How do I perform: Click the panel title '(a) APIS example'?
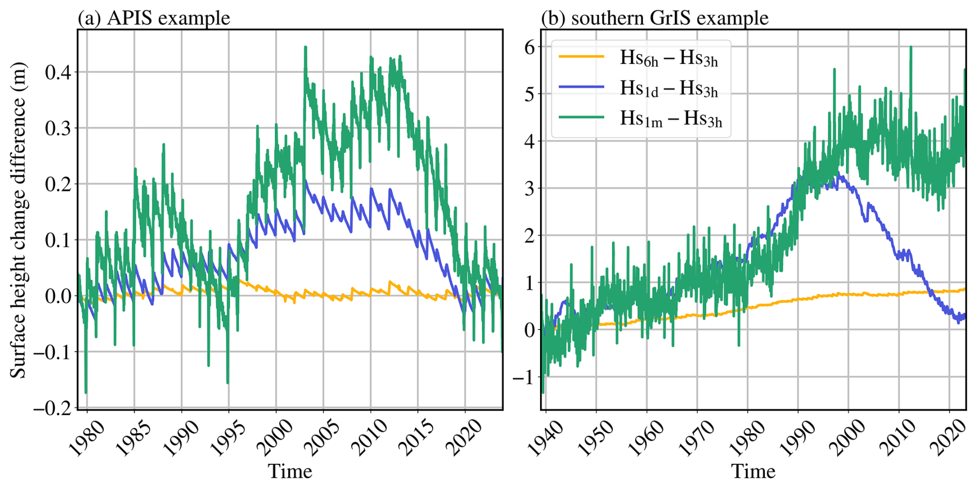coord(154,18)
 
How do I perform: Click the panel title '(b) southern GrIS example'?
coord(655,18)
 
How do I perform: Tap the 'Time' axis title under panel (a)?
coord(290,471)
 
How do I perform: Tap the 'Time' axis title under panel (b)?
coord(753,471)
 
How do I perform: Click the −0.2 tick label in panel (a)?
coord(52,408)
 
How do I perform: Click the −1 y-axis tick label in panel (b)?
coord(523,377)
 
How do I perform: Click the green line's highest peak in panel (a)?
coord(305,47)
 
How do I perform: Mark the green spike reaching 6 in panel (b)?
coord(910,47)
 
